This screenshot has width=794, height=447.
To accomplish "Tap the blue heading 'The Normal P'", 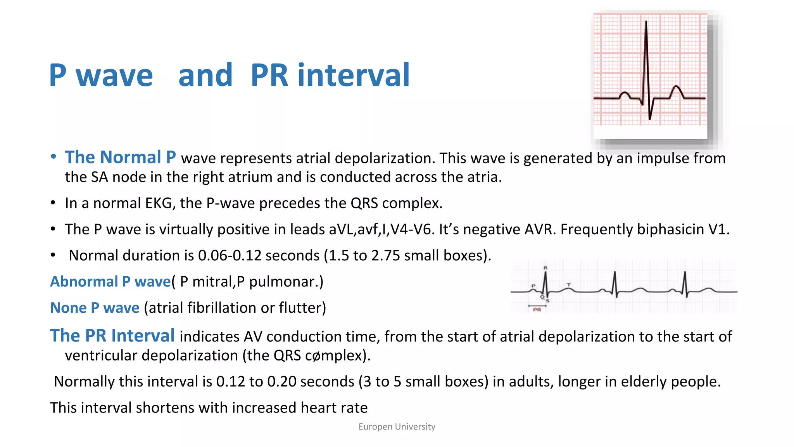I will click(x=120, y=157).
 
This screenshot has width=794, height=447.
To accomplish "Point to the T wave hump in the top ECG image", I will click(x=677, y=91).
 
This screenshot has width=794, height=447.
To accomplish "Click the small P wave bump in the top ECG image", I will click(x=625, y=94).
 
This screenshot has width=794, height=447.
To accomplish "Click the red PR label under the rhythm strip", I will click(x=537, y=310).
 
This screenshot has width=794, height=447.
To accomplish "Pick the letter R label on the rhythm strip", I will click(x=545, y=268).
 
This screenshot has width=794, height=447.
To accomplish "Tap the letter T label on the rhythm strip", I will click(x=569, y=284).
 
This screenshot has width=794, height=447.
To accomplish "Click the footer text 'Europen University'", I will click(x=397, y=427).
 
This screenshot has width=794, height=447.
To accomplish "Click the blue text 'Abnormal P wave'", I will click(x=110, y=282).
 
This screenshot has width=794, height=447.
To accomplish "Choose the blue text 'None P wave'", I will click(x=95, y=308).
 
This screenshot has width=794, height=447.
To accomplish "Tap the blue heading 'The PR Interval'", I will click(x=112, y=336).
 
